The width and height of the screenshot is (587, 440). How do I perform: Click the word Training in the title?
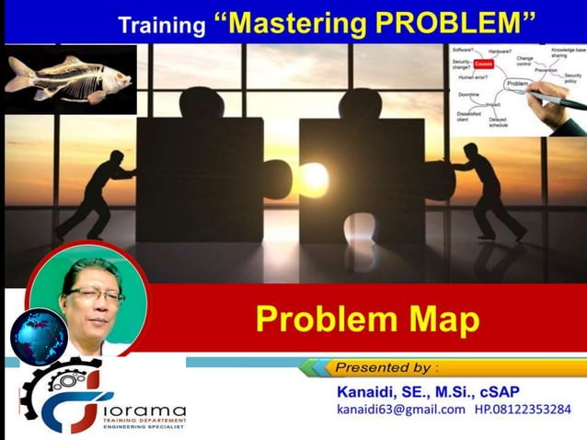(160, 24)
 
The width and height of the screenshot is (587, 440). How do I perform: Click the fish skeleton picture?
(68, 79)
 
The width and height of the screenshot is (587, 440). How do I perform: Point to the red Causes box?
(483, 65)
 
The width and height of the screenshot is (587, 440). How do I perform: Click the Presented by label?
(386, 368)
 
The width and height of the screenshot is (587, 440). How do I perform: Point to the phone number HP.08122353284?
(522, 409)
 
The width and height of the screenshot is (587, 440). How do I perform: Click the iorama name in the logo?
(138, 411)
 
